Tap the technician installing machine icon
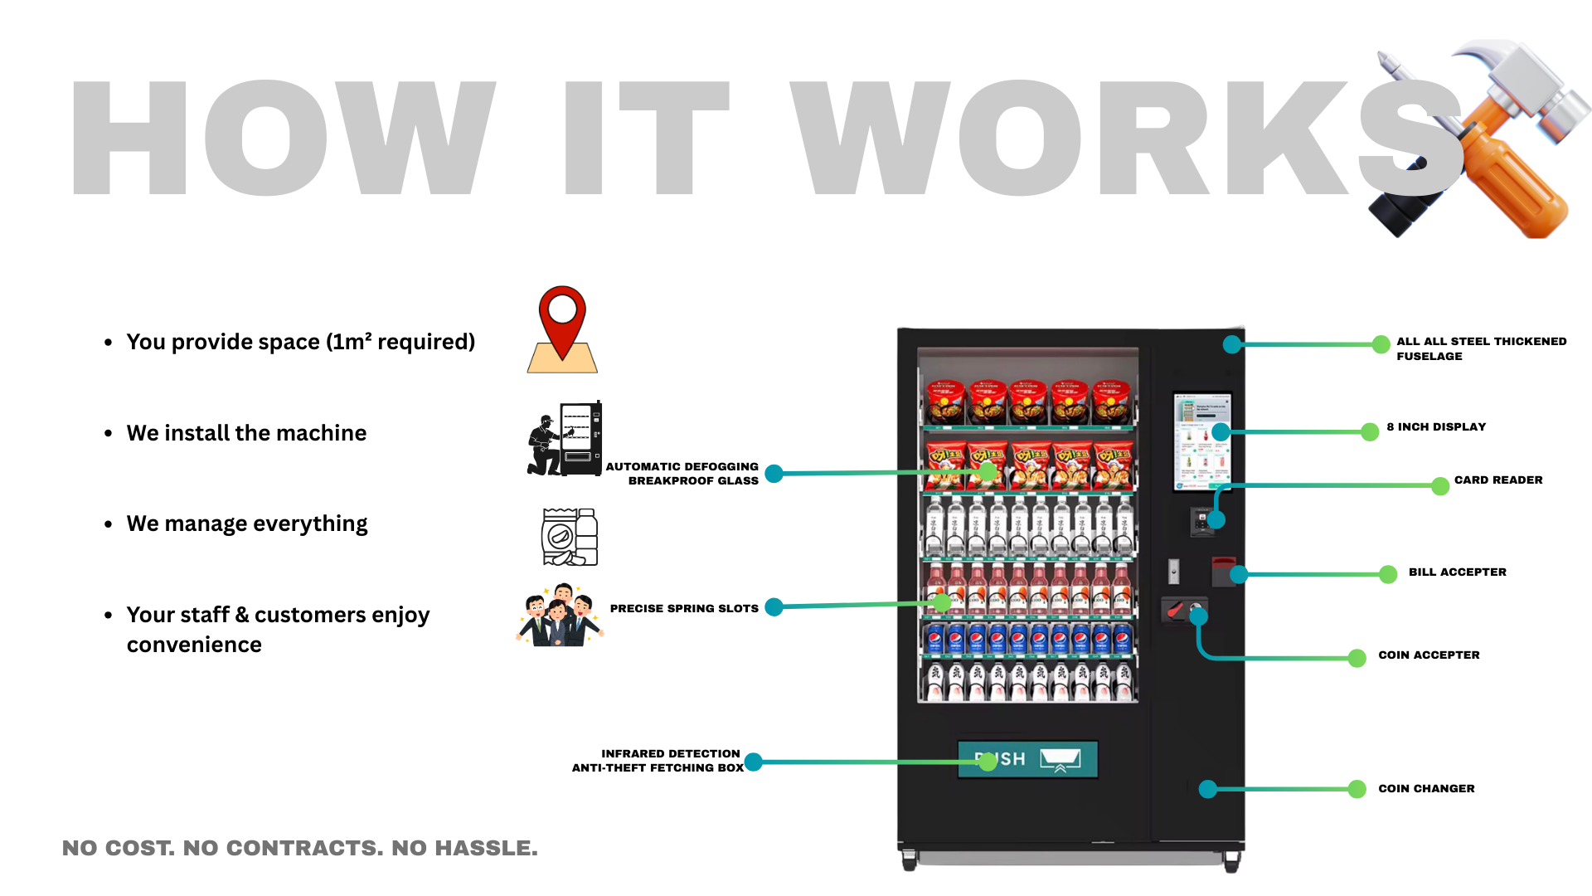point(565,439)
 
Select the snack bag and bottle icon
point(570,537)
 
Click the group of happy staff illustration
point(560,616)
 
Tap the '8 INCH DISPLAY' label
point(1436,427)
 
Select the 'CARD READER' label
point(1497,480)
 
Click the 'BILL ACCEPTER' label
point(1457,572)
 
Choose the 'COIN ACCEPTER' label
point(1429,655)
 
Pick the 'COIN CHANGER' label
point(1426,789)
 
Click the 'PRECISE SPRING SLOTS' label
point(684,609)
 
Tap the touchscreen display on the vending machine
point(1202,441)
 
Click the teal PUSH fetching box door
point(1027,759)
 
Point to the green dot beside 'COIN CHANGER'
point(1357,789)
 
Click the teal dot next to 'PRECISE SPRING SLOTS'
point(774,607)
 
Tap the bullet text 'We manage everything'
point(247,524)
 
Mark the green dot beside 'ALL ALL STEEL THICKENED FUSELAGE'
point(1381,344)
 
